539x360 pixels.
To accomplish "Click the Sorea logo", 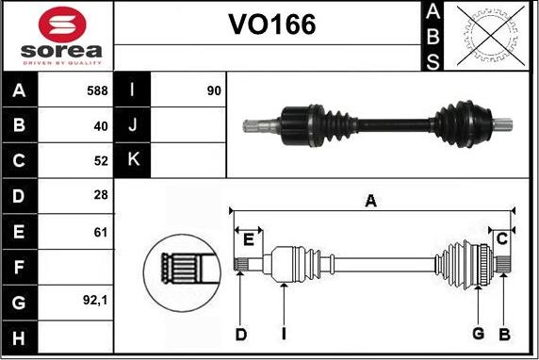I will pos(57,36).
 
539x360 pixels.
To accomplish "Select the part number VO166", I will pos(272,25).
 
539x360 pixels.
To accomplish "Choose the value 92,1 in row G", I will pos(95,302).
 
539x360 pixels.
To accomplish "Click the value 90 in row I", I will pos(213,90).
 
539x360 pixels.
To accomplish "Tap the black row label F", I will pos(19,267).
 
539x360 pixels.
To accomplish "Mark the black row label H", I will pos(19,336).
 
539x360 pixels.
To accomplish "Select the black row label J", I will pos(132,125).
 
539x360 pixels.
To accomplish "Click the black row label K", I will pos(132,160).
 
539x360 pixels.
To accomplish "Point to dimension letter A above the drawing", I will pos(370,200).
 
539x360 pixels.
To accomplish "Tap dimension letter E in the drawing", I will pos(247,239).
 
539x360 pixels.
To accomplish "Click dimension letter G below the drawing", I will pos(478,333).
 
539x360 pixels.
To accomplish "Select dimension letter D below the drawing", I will pos(240,333).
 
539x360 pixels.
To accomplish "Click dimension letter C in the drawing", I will pos(502,237).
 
